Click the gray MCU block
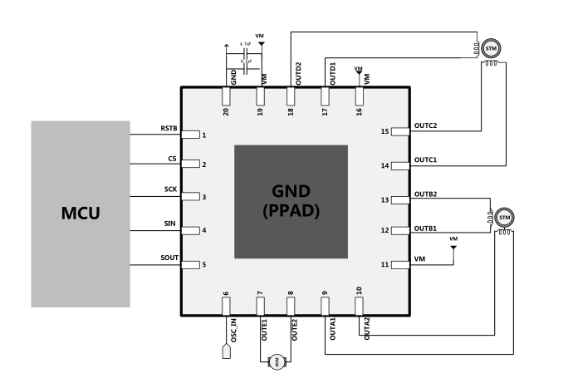81,214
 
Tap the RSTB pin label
169,129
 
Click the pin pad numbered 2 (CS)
191,165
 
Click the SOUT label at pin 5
169,259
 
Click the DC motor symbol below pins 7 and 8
276,361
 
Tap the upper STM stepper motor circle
492,49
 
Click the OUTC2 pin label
426,125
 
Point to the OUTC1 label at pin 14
426,160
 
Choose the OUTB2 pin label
426,194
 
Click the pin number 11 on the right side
384,265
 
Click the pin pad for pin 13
400,200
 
